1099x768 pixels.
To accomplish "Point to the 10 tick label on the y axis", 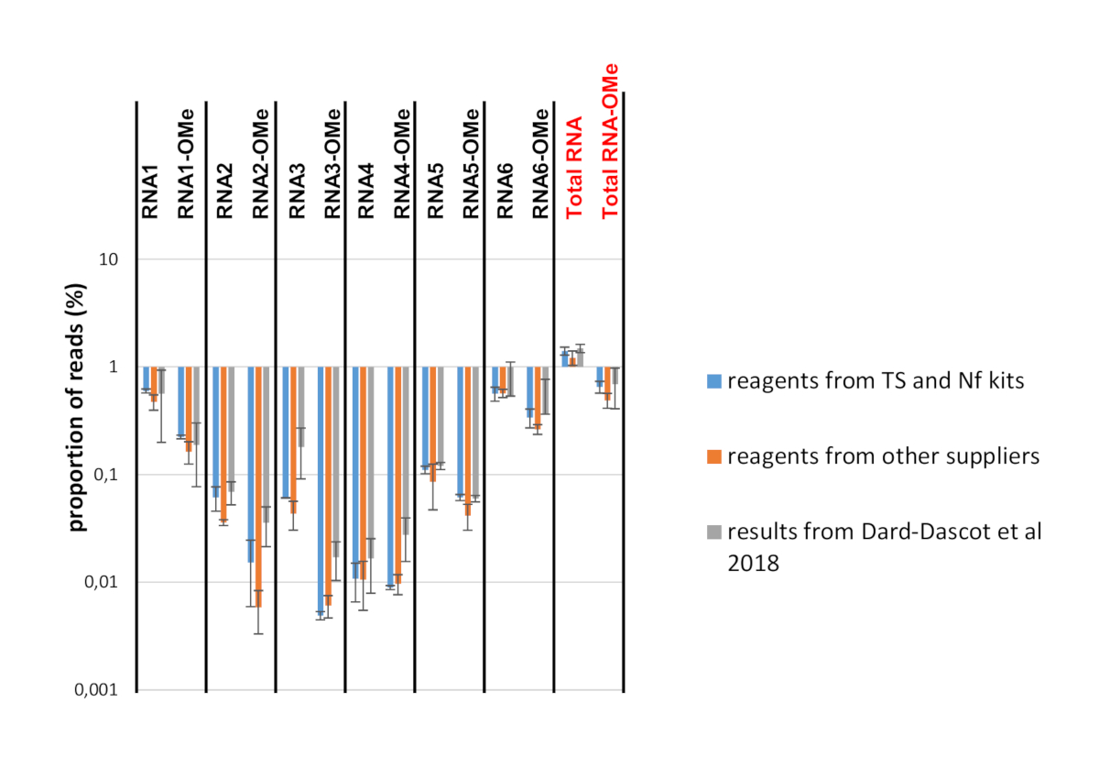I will (x=109, y=259).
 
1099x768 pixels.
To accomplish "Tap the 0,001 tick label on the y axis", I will (x=95, y=690).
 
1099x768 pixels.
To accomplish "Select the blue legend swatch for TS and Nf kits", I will (x=715, y=380).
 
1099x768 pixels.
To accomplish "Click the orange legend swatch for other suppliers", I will (x=715, y=455).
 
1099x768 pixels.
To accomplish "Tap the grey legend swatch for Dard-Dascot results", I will (x=715, y=532).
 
